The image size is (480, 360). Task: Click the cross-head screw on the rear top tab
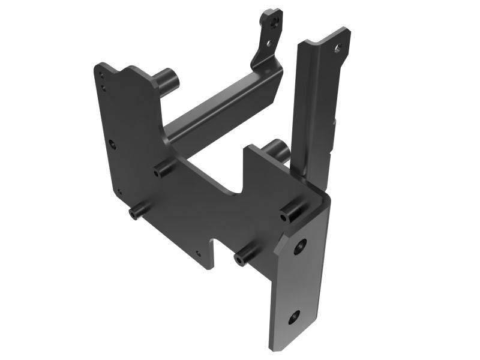(274, 22)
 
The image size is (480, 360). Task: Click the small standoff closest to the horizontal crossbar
(162, 170)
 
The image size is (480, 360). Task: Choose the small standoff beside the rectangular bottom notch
(244, 259)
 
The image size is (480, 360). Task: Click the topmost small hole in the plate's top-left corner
(100, 77)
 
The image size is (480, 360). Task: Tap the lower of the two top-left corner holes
(103, 88)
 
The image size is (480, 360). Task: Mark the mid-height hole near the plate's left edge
(112, 143)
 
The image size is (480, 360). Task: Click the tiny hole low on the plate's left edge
(119, 193)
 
